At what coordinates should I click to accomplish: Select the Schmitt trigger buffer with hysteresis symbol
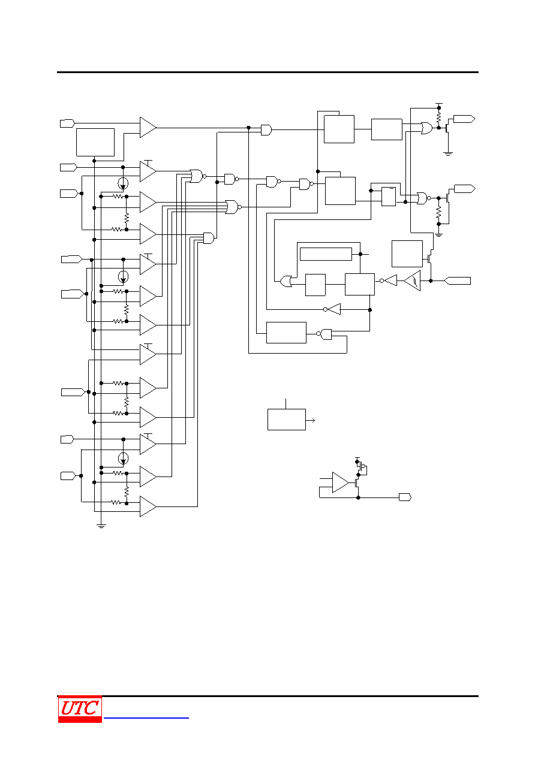(x=412, y=281)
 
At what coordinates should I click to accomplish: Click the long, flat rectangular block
(x=326, y=254)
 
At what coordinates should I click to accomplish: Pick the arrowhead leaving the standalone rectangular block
(x=313, y=420)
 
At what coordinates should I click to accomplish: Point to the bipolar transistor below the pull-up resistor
(x=447, y=128)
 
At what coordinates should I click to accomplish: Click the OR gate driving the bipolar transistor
(x=426, y=128)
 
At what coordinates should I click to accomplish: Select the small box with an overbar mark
(x=388, y=197)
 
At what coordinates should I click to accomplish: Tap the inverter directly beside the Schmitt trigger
(x=389, y=281)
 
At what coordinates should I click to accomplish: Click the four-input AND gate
(x=209, y=239)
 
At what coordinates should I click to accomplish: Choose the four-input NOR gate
(x=233, y=207)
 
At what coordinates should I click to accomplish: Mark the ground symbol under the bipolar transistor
(x=448, y=154)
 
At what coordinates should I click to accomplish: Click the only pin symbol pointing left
(x=457, y=281)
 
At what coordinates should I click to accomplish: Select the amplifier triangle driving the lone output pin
(x=341, y=482)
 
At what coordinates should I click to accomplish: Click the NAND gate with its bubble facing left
(x=324, y=334)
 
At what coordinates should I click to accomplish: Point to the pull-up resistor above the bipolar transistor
(x=439, y=117)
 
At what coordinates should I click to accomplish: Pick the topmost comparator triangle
(x=148, y=128)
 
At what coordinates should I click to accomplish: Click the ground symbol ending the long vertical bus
(x=101, y=526)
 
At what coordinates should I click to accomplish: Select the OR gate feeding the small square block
(x=286, y=281)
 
